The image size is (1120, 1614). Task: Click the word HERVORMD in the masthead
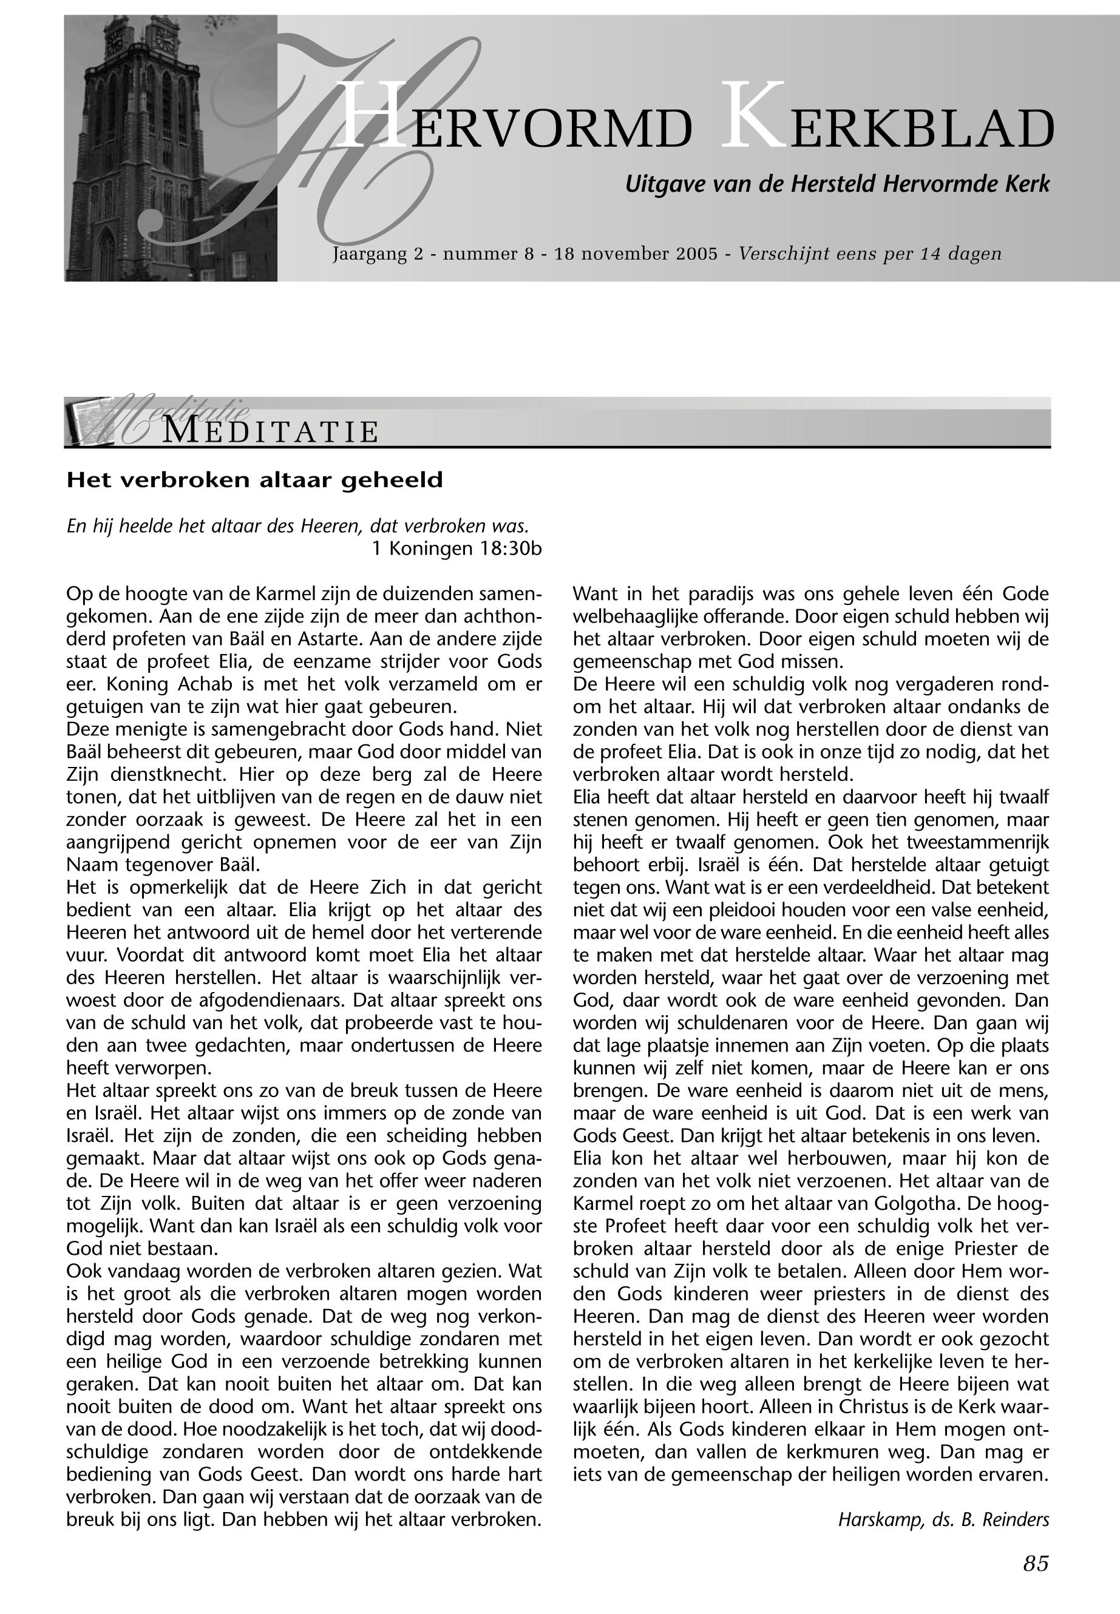click(516, 125)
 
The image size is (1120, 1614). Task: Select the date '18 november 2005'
click(636, 253)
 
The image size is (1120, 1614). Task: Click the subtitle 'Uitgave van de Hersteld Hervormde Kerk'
click(837, 184)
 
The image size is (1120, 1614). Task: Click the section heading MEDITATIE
click(271, 431)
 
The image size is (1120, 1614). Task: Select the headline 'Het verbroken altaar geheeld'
click(255, 481)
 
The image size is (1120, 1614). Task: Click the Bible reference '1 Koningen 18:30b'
click(457, 549)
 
